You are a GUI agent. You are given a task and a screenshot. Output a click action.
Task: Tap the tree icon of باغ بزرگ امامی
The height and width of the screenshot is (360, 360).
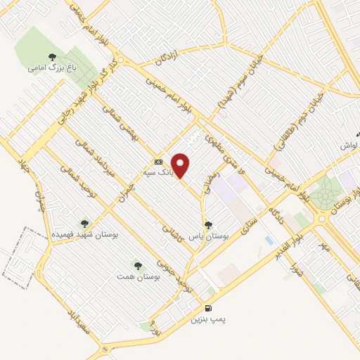[x=51, y=57]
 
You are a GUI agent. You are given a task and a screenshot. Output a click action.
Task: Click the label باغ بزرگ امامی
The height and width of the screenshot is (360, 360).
[x=47, y=68]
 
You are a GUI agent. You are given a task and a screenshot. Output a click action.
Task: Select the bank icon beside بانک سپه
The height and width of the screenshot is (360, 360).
[x=157, y=162]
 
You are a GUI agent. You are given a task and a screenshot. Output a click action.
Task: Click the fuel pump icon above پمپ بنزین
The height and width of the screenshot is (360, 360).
[x=207, y=308]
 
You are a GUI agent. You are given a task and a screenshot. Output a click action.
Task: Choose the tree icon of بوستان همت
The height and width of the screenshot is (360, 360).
[x=137, y=266]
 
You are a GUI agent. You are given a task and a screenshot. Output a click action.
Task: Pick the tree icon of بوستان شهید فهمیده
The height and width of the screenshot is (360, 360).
[x=85, y=224]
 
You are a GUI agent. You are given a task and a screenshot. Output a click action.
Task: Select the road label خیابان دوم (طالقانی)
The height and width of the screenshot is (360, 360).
[x=299, y=120]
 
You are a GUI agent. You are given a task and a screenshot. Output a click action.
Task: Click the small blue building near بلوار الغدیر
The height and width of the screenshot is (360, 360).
[x=269, y=240]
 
